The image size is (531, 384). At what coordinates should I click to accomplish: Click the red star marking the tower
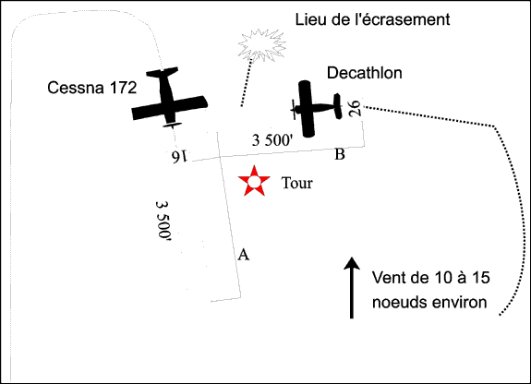click(x=254, y=182)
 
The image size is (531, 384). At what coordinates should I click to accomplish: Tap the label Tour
click(x=297, y=183)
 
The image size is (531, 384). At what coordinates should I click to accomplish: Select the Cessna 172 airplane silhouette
click(x=169, y=97)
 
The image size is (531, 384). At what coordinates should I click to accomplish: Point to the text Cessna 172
click(x=92, y=88)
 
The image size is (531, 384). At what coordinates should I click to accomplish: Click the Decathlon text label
click(x=365, y=73)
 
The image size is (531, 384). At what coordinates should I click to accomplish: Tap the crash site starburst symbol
click(x=261, y=45)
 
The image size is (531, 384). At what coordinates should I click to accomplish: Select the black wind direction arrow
click(x=352, y=287)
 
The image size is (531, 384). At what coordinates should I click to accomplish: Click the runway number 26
click(x=355, y=108)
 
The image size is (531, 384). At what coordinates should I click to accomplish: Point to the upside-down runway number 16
click(x=179, y=156)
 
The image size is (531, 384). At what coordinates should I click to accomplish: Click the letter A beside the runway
click(x=244, y=254)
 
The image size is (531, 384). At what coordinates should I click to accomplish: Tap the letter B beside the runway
click(x=340, y=154)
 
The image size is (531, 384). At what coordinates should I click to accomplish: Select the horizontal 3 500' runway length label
click(x=272, y=140)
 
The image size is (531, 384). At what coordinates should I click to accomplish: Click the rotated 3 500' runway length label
click(x=163, y=221)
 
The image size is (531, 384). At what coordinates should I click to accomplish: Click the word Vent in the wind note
click(x=387, y=278)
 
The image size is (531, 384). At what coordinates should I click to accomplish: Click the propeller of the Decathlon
click(x=294, y=109)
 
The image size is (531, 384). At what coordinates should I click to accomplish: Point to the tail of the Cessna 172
click(x=163, y=72)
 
